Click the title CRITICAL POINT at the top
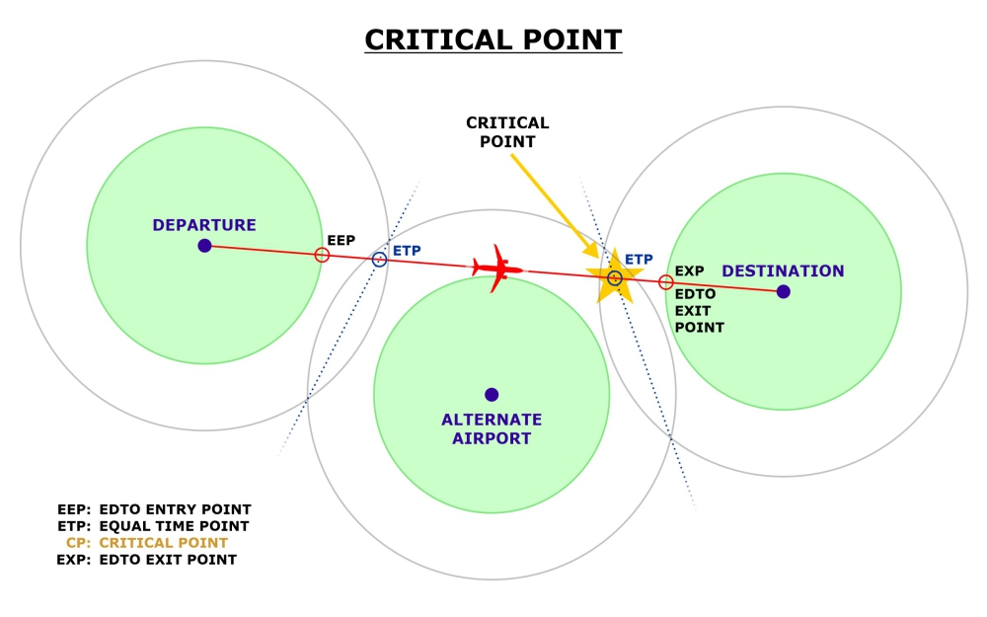pos(493,39)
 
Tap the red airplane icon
pos(496,268)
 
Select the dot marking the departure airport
pos(204,245)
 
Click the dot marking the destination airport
pos(783,291)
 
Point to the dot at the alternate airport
pos(492,395)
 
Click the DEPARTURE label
pos(204,225)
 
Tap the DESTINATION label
pos(783,271)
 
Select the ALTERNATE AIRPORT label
pos(492,429)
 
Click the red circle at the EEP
pos(322,255)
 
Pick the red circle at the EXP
pos(666,282)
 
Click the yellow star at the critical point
pos(614,278)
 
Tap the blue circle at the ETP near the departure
pos(379,260)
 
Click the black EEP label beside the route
pos(341,240)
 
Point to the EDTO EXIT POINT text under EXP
pos(700,310)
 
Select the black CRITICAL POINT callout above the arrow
pos(507,132)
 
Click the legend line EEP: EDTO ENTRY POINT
pos(155,509)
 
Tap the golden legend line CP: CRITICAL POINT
pos(147,543)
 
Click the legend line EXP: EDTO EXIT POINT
pos(147,560)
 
